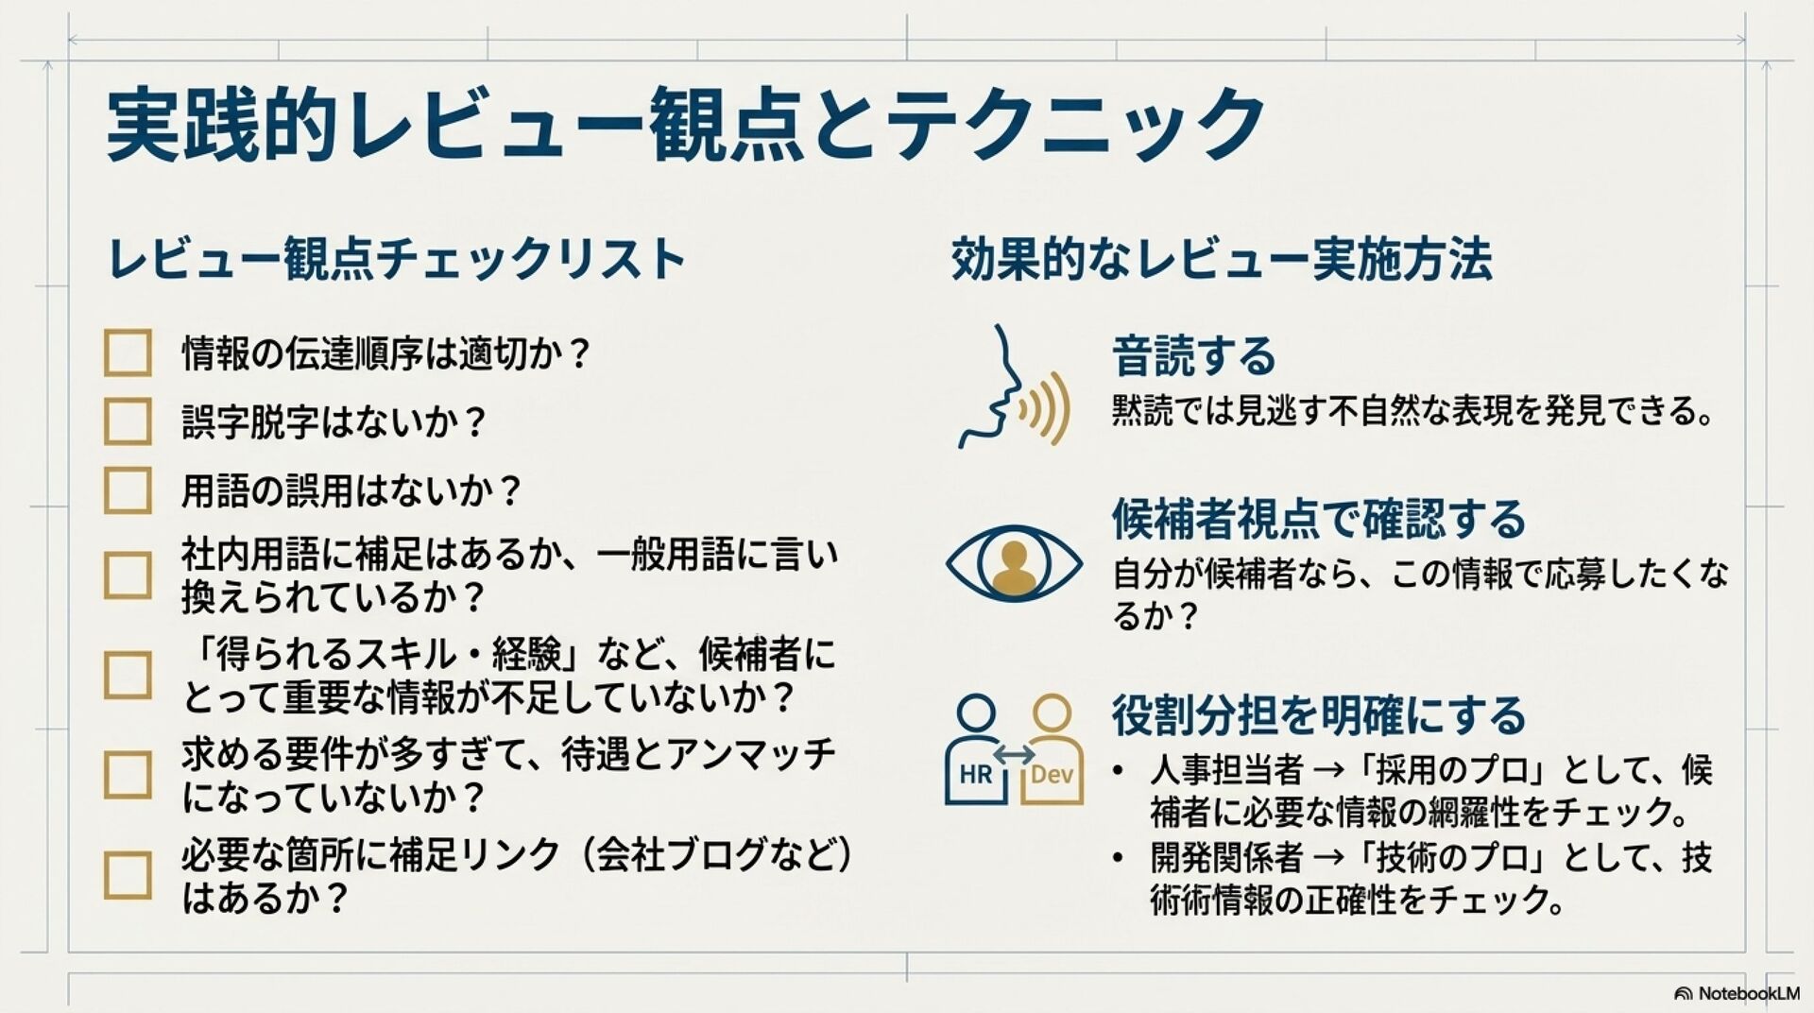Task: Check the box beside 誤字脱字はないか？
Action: [128, 421]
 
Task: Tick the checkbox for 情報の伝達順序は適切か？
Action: [128, 353]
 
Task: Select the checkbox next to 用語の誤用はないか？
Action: [128, 490]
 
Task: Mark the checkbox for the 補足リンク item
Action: [128, 875]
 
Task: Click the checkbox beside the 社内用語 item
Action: [128, 575]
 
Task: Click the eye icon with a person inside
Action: [1014, 563]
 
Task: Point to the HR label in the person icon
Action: [976, 775]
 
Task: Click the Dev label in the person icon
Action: [1052, 775]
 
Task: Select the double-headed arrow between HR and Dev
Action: [1014, 754]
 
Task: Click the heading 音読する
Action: [1193, 357]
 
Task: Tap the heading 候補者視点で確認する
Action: [1318, 519]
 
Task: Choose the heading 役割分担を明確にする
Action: [1318, 715]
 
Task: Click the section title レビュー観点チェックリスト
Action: [397, 259]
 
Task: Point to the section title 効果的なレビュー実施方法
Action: [1221, 259]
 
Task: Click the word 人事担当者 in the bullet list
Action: [1226, 770]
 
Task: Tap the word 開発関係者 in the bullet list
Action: [1226, 857]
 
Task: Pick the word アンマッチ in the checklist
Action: [752, 754]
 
